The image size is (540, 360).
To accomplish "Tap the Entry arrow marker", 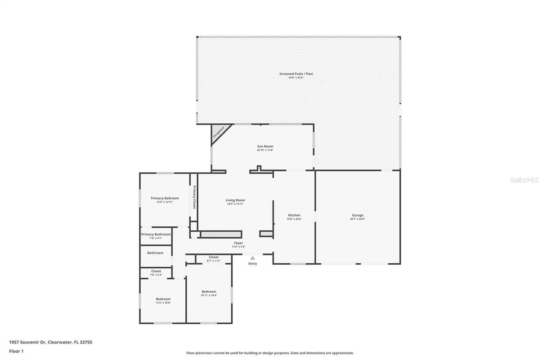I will (x=252, y=258).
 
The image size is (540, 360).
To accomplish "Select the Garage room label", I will (x=358, y=215).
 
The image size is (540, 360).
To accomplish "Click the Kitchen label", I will (x=294, y=215).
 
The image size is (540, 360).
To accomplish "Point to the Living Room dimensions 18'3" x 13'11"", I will (x=235, y=204).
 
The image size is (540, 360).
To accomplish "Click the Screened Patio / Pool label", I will (x=296, y=74).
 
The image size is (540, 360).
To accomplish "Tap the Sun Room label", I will (x=265, y=146).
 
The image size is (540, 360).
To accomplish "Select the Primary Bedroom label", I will (x=165, y=198).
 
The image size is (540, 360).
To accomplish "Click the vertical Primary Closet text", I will (x=194, y=197).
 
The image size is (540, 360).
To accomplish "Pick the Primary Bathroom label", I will (x=156, y=234).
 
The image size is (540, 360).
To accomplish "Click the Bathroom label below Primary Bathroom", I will (x=155, y=253).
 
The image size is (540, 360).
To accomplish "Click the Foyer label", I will (x=238, y=243).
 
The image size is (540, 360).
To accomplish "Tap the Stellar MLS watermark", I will (x=524, y=180).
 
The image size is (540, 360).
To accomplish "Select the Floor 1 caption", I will (x=16, y=351).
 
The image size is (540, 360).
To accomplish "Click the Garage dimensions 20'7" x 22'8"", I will (x=358, y=219).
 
